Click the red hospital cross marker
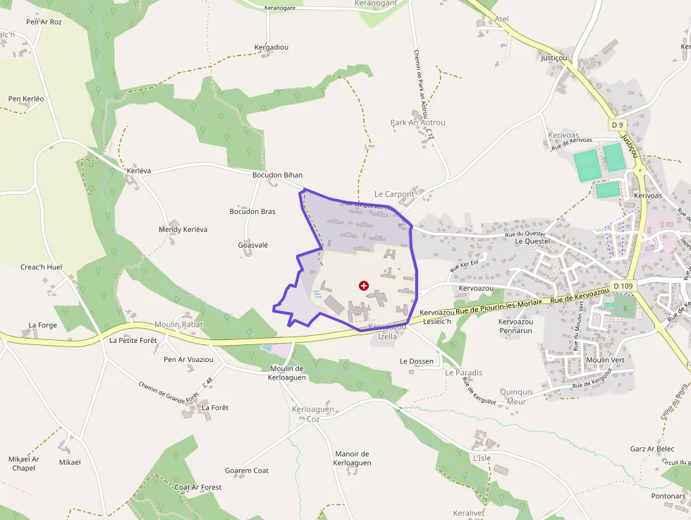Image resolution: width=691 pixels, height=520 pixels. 363,286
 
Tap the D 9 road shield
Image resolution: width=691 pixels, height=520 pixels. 617,125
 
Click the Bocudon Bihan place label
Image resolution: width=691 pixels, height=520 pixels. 277,175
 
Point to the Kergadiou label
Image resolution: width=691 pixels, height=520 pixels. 271,47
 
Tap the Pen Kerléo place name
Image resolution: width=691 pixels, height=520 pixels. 26,99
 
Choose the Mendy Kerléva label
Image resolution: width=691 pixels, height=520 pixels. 183,230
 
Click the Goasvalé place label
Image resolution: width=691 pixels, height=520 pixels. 253,245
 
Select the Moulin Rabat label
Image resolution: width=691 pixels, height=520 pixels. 178,325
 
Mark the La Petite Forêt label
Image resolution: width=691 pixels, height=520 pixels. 133,340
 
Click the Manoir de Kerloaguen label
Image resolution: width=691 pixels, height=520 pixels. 352,458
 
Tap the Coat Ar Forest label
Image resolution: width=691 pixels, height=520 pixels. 198,487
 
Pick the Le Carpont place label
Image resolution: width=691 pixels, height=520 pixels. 394,194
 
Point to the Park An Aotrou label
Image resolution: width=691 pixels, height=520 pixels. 417,123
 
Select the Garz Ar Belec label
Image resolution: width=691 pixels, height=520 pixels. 652,449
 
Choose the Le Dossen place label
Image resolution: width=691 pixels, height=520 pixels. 417,361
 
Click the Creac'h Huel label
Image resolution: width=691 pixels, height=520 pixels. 42,267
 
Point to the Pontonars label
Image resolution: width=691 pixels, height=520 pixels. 668,496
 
